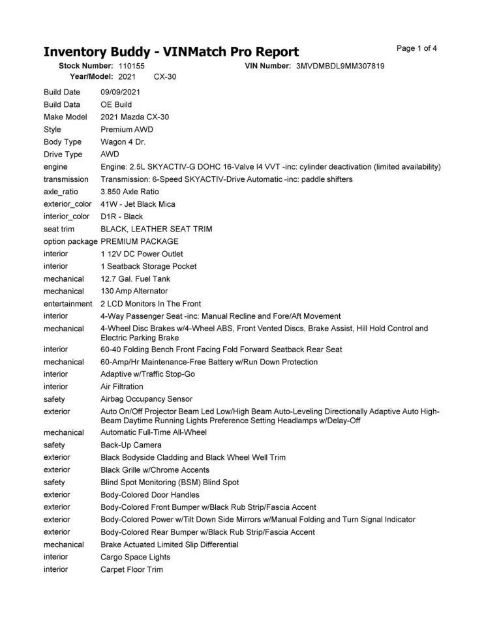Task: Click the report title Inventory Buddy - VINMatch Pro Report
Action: [x=171, y=52]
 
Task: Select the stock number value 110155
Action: [x=131, y=66]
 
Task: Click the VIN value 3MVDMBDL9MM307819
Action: [x=340, y=66]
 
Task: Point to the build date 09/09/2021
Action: [x=120, y=92]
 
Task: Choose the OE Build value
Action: [x=116, y=104]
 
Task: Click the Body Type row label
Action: [x=63, y=142]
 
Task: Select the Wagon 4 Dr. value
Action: [x=123, y=142]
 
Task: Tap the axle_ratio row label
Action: [x=61, y=192]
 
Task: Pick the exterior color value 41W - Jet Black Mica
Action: [x=138, y=204]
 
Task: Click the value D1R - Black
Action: [x=121, y=216]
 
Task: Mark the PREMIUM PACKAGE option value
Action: [x=140, y=241]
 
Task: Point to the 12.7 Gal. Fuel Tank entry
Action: [x=135, y=278]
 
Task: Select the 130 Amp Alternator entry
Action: [x=134, y=291]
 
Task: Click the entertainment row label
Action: [x=68, y=303]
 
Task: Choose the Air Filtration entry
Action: [x=122, y=386]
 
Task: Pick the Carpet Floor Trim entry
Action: [x=132, y=569]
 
